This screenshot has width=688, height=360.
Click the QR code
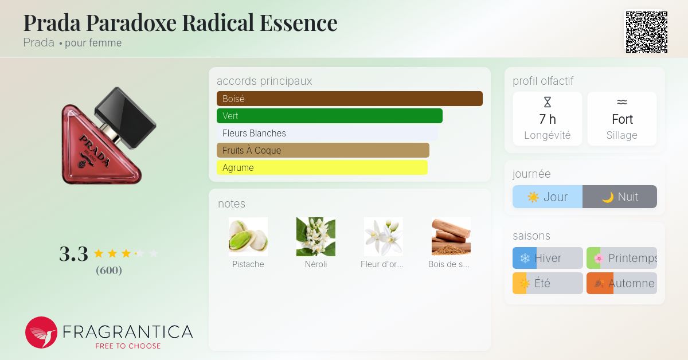tap(646, 32)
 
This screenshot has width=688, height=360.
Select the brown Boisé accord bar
tap(349, 99)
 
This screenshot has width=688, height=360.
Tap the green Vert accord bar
tap(329, 116)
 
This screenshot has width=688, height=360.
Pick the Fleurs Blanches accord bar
tap(327, 133)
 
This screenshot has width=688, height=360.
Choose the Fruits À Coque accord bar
tap(323, 150)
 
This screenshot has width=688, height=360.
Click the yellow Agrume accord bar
tap(322, 167)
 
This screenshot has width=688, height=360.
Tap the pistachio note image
tap(248, 237)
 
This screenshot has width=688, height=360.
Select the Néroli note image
tap(316, 237)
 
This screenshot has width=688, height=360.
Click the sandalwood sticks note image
tap(451, 237)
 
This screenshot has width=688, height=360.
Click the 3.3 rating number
tap(74, 254)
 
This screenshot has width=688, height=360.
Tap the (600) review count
tap(109, 270)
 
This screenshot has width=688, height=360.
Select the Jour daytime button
tap(548, 197)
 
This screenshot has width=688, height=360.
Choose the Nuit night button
tap(620, 197)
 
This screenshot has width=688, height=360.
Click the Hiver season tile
tap(548, 258)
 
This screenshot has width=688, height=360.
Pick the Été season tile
tap(548, 283)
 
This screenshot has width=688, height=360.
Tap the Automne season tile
tap(621, 283)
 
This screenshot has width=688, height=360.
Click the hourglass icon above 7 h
tap(548, 103)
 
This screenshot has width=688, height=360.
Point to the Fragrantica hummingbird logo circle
tap(41, 332)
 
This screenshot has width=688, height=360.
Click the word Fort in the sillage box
tap(622, 119)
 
